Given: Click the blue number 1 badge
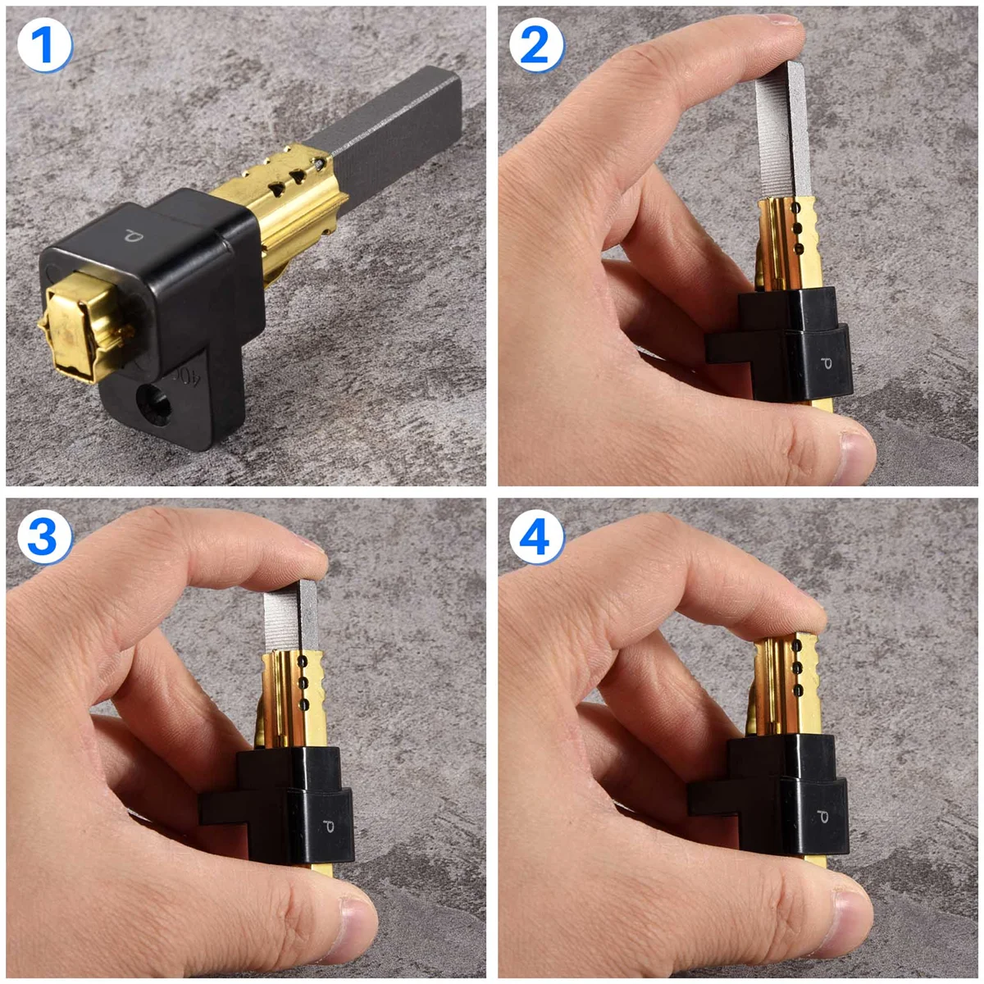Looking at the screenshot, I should coord(44,45).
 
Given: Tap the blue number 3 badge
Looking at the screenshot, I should coord(44,537).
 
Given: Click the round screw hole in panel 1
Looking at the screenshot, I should coord(156,401).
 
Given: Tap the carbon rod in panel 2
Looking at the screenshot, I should coord(783,131).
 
